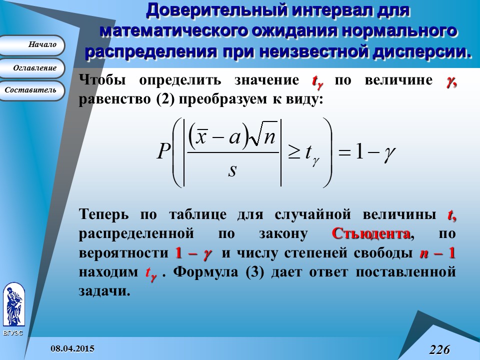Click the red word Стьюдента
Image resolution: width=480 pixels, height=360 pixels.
(x=370, y=233)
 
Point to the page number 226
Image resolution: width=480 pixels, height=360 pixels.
(x=439, y=349)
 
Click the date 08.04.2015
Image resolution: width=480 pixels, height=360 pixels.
(x=72, y=348)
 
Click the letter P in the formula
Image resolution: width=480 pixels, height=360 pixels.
(x=164, y=151)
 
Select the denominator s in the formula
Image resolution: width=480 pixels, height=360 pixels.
(x=232, y=171)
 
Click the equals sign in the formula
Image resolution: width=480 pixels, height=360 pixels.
(x=344, y=152)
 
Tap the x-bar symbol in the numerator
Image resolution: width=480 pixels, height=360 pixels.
(x=201, y=136)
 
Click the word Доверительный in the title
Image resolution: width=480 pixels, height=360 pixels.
(x=216, y=10)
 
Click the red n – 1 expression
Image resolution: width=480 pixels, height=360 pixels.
(x=437, y=253)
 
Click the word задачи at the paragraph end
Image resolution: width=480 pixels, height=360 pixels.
(x=104, y=290)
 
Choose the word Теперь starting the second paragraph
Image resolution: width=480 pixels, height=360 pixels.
(x=104, y=214)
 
